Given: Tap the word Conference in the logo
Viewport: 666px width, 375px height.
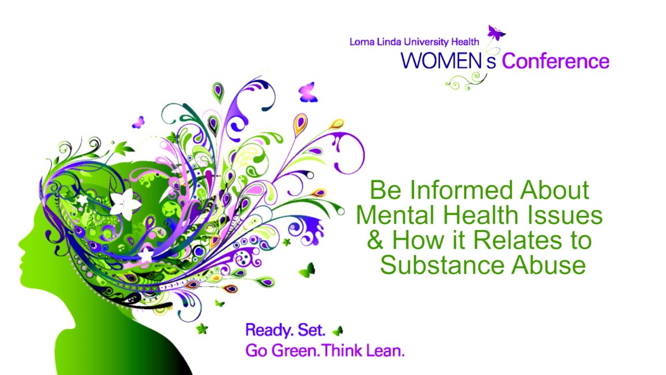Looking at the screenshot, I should (x=555, y=61).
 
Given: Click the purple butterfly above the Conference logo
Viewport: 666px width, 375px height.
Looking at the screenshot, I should (x=496, y=33).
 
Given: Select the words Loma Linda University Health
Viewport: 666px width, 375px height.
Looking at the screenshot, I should (x=414, y=42).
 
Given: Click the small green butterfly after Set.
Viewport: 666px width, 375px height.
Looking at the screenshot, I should (x=338, y=331).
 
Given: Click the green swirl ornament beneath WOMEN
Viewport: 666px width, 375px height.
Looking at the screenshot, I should (x=465, y=81).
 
